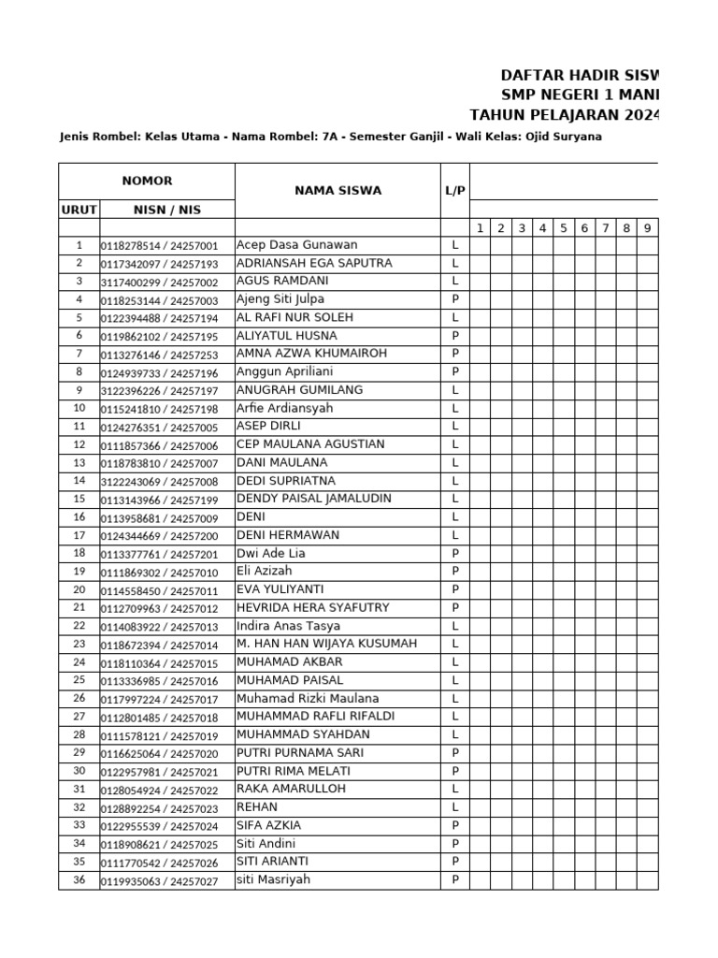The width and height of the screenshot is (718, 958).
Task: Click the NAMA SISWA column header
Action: coord(337,191)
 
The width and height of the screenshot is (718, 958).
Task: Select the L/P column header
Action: coord(454,191)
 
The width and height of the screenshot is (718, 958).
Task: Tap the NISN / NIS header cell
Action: coord(166,210)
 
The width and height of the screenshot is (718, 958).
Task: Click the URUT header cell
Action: coord(79,210)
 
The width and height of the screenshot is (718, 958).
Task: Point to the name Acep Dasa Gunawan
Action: coord(296,245)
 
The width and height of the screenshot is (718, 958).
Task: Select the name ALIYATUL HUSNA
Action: coord(287,336)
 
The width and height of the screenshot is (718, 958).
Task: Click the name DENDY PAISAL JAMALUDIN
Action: coord(314,499)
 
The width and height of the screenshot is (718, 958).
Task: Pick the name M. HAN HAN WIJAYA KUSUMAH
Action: coord(326,644)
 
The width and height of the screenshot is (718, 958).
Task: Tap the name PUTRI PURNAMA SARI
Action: coord(300,753)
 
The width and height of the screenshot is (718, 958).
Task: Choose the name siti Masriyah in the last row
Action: coord(273,879)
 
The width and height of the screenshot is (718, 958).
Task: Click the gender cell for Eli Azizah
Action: coord(454,572)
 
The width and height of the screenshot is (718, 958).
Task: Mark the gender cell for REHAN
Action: coord(454,807)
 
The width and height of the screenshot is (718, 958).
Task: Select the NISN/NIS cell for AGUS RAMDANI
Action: coord(159,282)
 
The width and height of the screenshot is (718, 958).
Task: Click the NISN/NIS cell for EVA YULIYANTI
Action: coord(159,590)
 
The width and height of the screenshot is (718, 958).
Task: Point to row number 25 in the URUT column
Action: coord(79,680)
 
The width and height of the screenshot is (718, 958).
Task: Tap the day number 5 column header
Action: coord(564,228)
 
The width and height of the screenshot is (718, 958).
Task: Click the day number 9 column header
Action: coord(647,228)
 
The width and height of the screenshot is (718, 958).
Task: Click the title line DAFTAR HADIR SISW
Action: coord(580,75)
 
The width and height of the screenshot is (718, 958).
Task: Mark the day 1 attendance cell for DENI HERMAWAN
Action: coord(479,535)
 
